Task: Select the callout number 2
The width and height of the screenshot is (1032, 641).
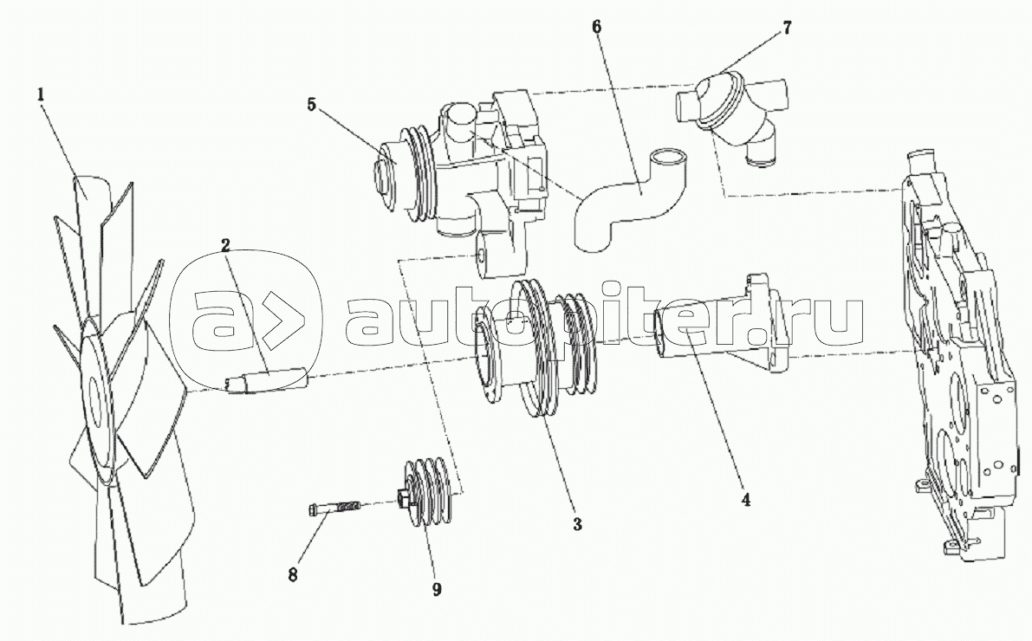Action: coord(224,245)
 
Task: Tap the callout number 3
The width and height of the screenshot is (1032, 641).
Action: coord(577,524)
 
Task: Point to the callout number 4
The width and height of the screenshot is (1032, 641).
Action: coord(743,500)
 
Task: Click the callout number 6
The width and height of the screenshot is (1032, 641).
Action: coord(597,26)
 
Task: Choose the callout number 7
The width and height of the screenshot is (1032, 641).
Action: coord(786,27)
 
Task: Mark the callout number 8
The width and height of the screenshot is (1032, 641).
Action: coord(294,575)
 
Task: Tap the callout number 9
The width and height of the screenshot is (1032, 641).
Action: coord(436,589)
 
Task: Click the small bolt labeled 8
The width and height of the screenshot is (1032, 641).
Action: coord(334,507)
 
